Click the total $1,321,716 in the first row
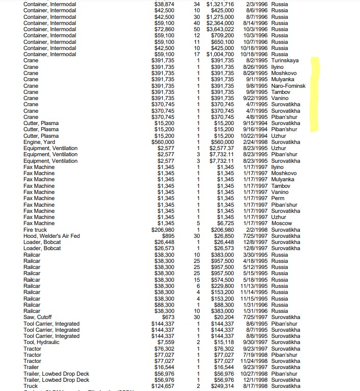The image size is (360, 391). [x=220, y=4]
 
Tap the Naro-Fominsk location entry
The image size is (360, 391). [x=288, y=86]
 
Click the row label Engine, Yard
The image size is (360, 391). [x=40, y=142]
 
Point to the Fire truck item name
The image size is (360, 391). [x=35, y=230]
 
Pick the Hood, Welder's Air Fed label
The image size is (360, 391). [x=51, y=236]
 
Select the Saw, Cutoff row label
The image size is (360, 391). [x=37, y=317]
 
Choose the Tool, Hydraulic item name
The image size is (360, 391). [x=41, y=342]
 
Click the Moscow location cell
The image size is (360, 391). [x=281, y=224]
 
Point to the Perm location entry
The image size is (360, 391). [x=277, y=199]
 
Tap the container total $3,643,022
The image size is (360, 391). [x=220, y=29]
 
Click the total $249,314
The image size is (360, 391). [x=222, y=386]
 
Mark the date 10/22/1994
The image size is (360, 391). [x=254, y=136]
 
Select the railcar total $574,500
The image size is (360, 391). [x=222, y=280]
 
